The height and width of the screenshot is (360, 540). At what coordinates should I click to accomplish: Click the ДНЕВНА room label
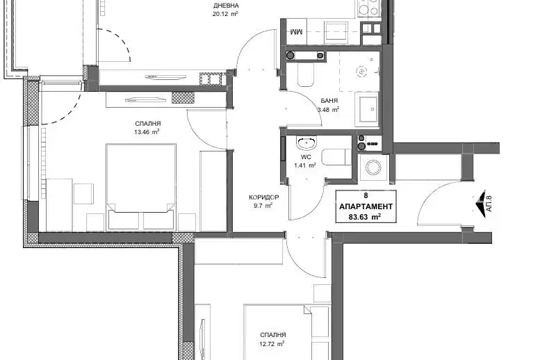point(226,6)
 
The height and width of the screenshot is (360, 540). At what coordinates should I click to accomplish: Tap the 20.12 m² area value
point(226,14)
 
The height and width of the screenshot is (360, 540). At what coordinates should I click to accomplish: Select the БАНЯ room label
point(329,101)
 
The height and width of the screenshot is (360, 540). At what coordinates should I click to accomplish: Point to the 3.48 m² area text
point(328,110)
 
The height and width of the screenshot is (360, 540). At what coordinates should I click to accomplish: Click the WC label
point(306,157)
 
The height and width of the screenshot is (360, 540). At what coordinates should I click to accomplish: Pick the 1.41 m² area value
point(305,165)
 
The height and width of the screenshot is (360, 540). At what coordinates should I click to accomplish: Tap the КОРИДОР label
point(264,197)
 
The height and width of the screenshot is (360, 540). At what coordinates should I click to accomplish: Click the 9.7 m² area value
point(263,206)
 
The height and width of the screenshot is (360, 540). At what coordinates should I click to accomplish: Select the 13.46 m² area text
point(148,132)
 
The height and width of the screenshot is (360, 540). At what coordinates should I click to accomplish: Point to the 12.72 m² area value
point(272,343)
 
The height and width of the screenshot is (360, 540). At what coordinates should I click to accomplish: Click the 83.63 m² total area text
point(366,217)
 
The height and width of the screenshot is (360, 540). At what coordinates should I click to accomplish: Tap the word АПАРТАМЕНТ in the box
point(366,206)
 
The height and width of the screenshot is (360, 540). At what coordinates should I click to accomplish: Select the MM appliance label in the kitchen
point(296,32)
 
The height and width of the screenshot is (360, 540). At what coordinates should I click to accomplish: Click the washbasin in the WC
point(307,143)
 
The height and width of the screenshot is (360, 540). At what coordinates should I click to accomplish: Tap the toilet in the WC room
point(336,158)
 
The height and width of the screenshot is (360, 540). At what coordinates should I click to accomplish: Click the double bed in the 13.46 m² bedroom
point(141,187)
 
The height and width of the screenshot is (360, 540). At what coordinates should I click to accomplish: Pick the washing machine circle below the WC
point(373,167)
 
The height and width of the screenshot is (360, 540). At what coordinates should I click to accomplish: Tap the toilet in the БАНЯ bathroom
point(306,74)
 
